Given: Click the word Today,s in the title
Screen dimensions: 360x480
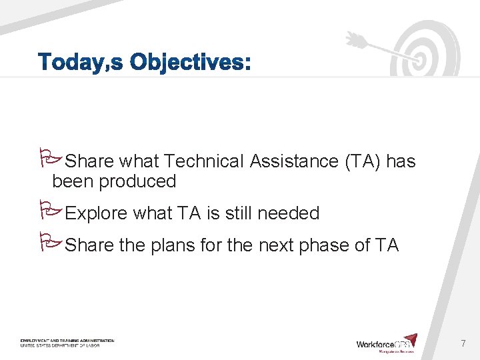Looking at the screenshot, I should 81,63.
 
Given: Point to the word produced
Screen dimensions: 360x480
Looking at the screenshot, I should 138,181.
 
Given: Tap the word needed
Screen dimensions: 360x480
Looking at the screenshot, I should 288,213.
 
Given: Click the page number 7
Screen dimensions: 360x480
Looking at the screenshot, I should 463,344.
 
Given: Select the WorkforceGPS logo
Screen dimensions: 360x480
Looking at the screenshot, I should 387,343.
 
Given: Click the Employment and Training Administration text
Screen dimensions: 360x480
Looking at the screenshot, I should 67,341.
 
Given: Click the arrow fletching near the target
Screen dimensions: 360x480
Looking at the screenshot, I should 355,39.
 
